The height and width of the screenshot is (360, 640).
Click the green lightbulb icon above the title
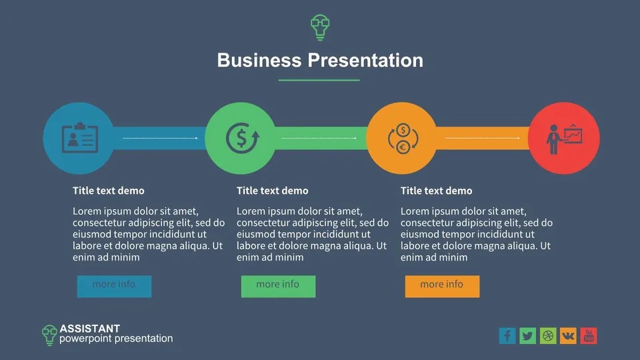[x=320, y=26]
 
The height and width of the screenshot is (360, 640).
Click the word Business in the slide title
[x=259, y=60]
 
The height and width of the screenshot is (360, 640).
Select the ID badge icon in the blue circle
[x=79, y=138]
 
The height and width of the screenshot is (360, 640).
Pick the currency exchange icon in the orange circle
[x=402, y=138]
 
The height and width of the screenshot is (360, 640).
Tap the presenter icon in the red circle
[x=563, y=138]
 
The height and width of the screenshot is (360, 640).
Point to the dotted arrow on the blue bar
[x=160, y=138]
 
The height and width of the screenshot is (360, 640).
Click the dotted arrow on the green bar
[x=320, y=138]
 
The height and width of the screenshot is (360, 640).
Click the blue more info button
[x=114, y=285]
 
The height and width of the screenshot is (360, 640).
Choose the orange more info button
[x=442, y=285]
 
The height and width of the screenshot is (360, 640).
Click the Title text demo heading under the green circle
[x=272, y=191]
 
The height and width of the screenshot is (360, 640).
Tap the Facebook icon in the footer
[x=507, y=335]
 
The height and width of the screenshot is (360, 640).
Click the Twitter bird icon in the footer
[x=527, y=335]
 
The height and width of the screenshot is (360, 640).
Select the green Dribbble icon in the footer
[x=548, y=335]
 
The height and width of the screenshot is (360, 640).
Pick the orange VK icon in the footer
[x=568, y=335]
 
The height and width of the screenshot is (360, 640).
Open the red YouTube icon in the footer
[x=588, y=335]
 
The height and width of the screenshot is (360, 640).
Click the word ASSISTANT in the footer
[x=89, y=328]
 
